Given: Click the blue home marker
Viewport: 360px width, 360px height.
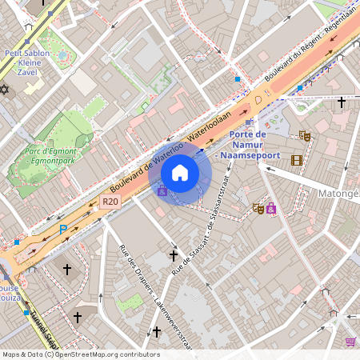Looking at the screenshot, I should coord(180,173).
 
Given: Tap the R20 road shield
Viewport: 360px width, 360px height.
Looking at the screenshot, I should coord(110,202).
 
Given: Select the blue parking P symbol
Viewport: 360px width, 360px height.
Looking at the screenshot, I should coord(63,230).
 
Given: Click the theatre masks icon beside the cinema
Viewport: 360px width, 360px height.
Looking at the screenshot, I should coord(304,137).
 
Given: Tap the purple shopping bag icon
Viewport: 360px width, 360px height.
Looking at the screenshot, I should coord(271,209).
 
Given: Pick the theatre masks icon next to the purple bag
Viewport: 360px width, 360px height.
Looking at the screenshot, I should coord(258,209).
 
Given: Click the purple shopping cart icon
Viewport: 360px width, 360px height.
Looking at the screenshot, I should coord(350,342).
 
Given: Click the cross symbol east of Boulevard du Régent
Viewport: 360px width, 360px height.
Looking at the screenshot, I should coord(342,102).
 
